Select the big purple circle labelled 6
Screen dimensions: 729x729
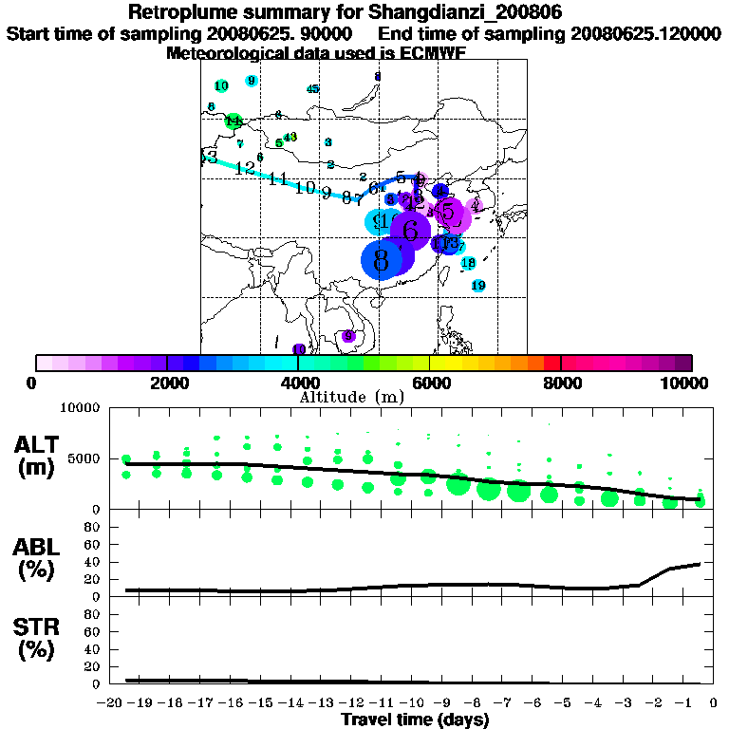coord(411,230)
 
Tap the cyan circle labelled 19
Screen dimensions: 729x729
coord(478,286)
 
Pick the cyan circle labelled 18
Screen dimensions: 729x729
coord(468,263)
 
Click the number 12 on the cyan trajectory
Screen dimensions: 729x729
coord(246,168)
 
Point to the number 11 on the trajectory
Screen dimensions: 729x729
coord(278,178)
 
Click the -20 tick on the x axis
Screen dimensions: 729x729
coord(112,701)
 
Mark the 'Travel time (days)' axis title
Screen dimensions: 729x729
coord(415,720)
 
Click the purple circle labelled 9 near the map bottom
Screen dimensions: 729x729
coord(348,336)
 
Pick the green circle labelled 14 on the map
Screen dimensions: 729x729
coord(233,121)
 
